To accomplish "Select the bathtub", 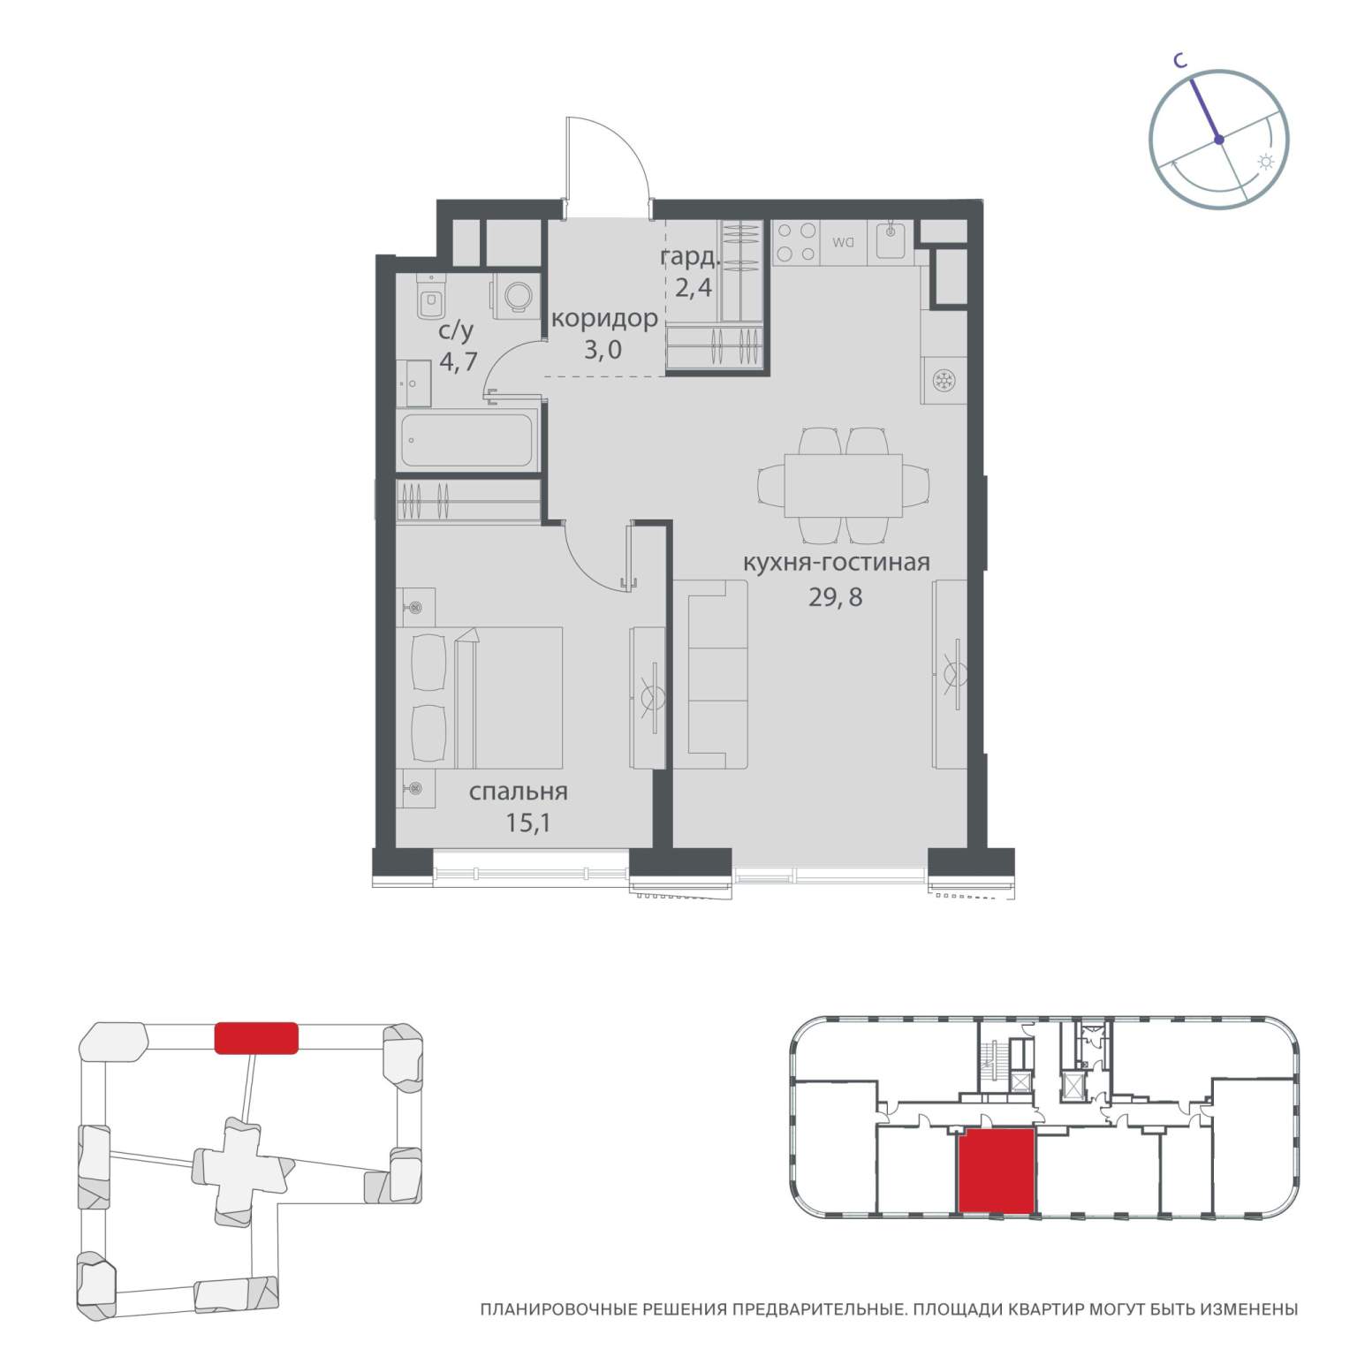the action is point(468,440).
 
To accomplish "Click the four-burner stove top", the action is point(795,242).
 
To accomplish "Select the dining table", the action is point(843,485).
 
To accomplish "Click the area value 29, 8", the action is point(835,597).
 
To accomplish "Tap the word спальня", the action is point(519,792).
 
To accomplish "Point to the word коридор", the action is point(604,318).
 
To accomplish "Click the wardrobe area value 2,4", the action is point(693,288).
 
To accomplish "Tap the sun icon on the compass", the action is point(1266,162).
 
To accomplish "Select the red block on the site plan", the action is point(257,1037).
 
